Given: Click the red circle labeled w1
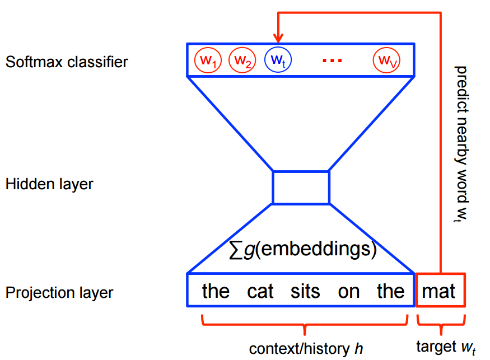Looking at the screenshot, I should point(208,60).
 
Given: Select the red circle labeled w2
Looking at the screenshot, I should point(242,60).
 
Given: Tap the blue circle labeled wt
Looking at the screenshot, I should point(278,60).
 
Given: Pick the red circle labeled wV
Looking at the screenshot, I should point(387,60).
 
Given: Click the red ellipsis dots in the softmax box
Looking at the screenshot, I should point(332,60).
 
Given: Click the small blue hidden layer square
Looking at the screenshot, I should point(301,188).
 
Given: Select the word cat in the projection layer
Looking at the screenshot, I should point(260,291).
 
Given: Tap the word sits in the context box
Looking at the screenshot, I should point(306,291).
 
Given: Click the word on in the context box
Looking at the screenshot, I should point(348,292).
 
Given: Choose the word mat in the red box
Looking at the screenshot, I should point(440,291).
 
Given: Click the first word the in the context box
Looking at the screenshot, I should point(216,291).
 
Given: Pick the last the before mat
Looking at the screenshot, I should point(390,291).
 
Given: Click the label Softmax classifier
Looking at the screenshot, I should point(67,62).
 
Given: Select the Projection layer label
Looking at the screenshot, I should point(59,292).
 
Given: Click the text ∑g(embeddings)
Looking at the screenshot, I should point(303,248).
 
